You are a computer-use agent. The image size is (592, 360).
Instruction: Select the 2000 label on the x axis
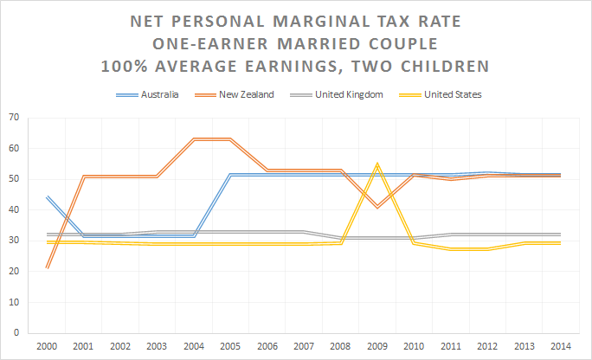pos(47,345)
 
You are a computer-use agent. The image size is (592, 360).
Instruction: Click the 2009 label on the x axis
pos(376,345)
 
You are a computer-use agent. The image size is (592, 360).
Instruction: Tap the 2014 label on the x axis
pos(559,345)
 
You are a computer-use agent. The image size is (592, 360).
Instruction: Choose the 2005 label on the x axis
pos(229,345)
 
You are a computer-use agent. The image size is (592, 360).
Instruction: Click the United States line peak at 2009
pos(376,164)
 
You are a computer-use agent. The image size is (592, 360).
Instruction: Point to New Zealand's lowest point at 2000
pos(47,267)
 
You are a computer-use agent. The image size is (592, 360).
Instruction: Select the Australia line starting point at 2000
pos(47,197)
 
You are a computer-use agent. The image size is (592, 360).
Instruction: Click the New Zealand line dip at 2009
pos(376,207)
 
